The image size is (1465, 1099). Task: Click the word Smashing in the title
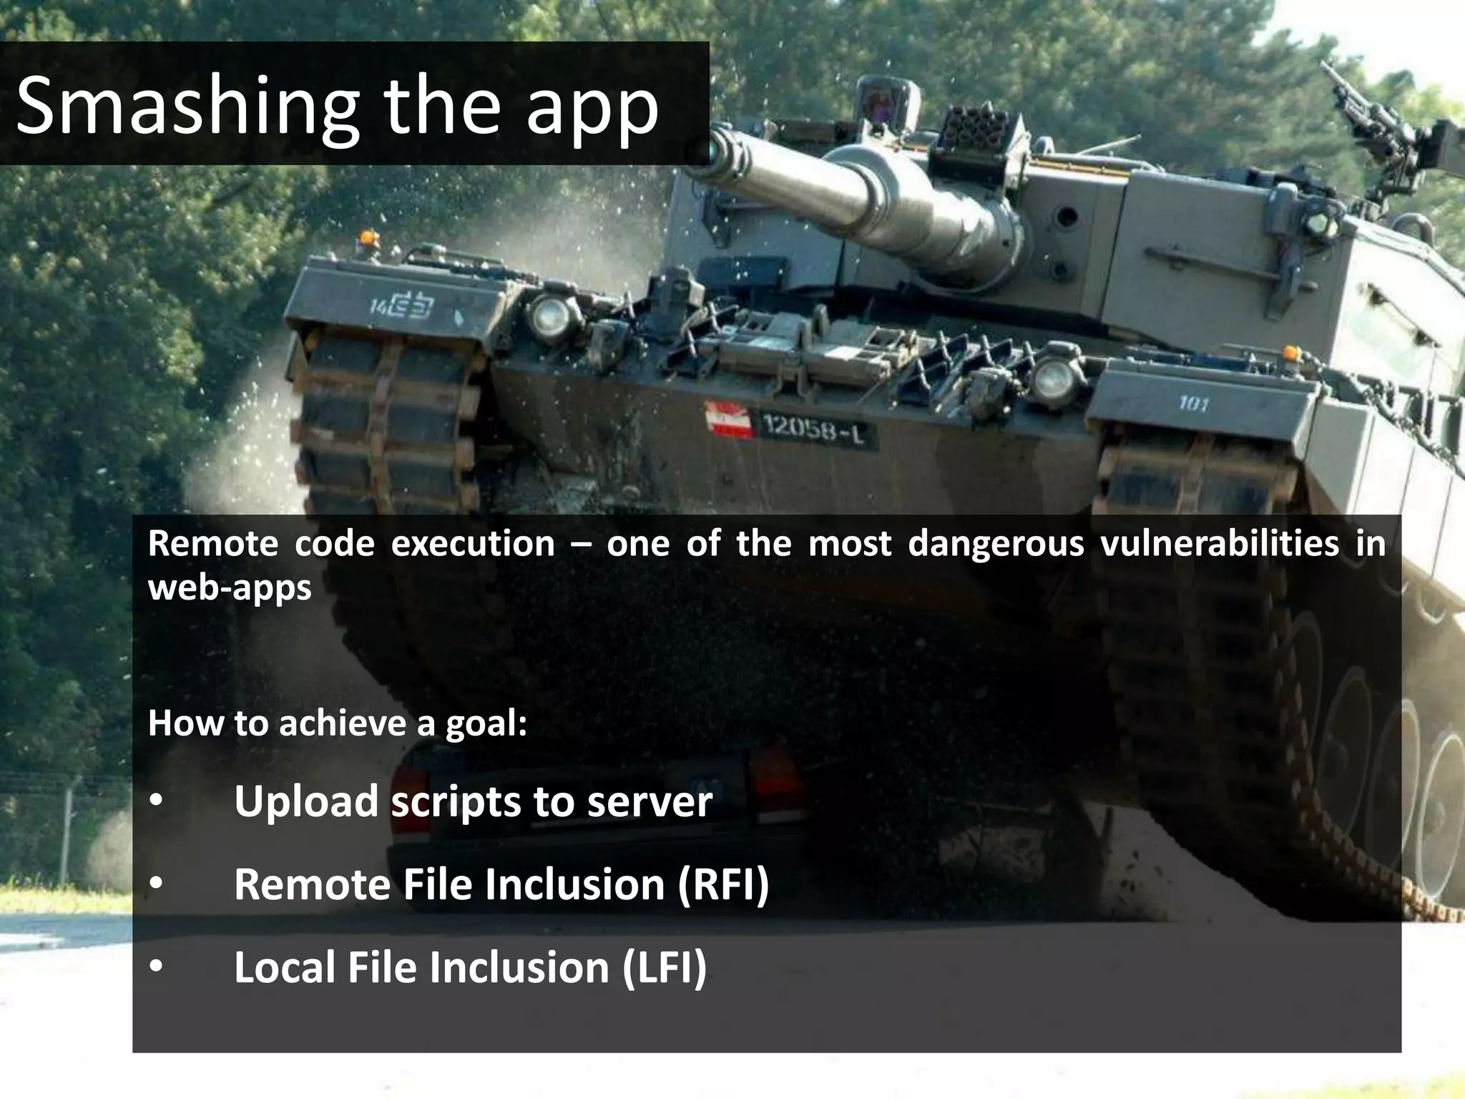(187, 107)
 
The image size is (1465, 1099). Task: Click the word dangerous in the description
(995, 544)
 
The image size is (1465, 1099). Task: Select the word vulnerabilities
(1219, 544)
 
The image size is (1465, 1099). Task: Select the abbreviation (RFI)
(722, 884)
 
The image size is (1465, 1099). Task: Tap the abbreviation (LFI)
(664, 967)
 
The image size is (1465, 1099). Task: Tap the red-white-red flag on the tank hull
(729, 420)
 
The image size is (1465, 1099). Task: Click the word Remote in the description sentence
(212, 544)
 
